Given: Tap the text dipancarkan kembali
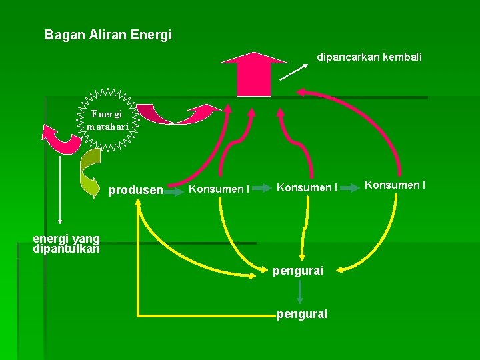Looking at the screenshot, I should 369,57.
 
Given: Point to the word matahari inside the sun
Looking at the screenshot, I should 107,125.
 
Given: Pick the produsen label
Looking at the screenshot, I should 135,190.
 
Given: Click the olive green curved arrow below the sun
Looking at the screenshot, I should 89,172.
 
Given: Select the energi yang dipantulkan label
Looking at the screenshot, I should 66,244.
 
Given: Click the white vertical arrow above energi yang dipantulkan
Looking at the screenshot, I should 61,187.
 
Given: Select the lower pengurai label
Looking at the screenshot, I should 301,313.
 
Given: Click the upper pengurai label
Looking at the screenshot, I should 298,271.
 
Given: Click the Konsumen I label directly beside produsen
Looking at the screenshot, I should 219,189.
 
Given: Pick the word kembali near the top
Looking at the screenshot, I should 401,57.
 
